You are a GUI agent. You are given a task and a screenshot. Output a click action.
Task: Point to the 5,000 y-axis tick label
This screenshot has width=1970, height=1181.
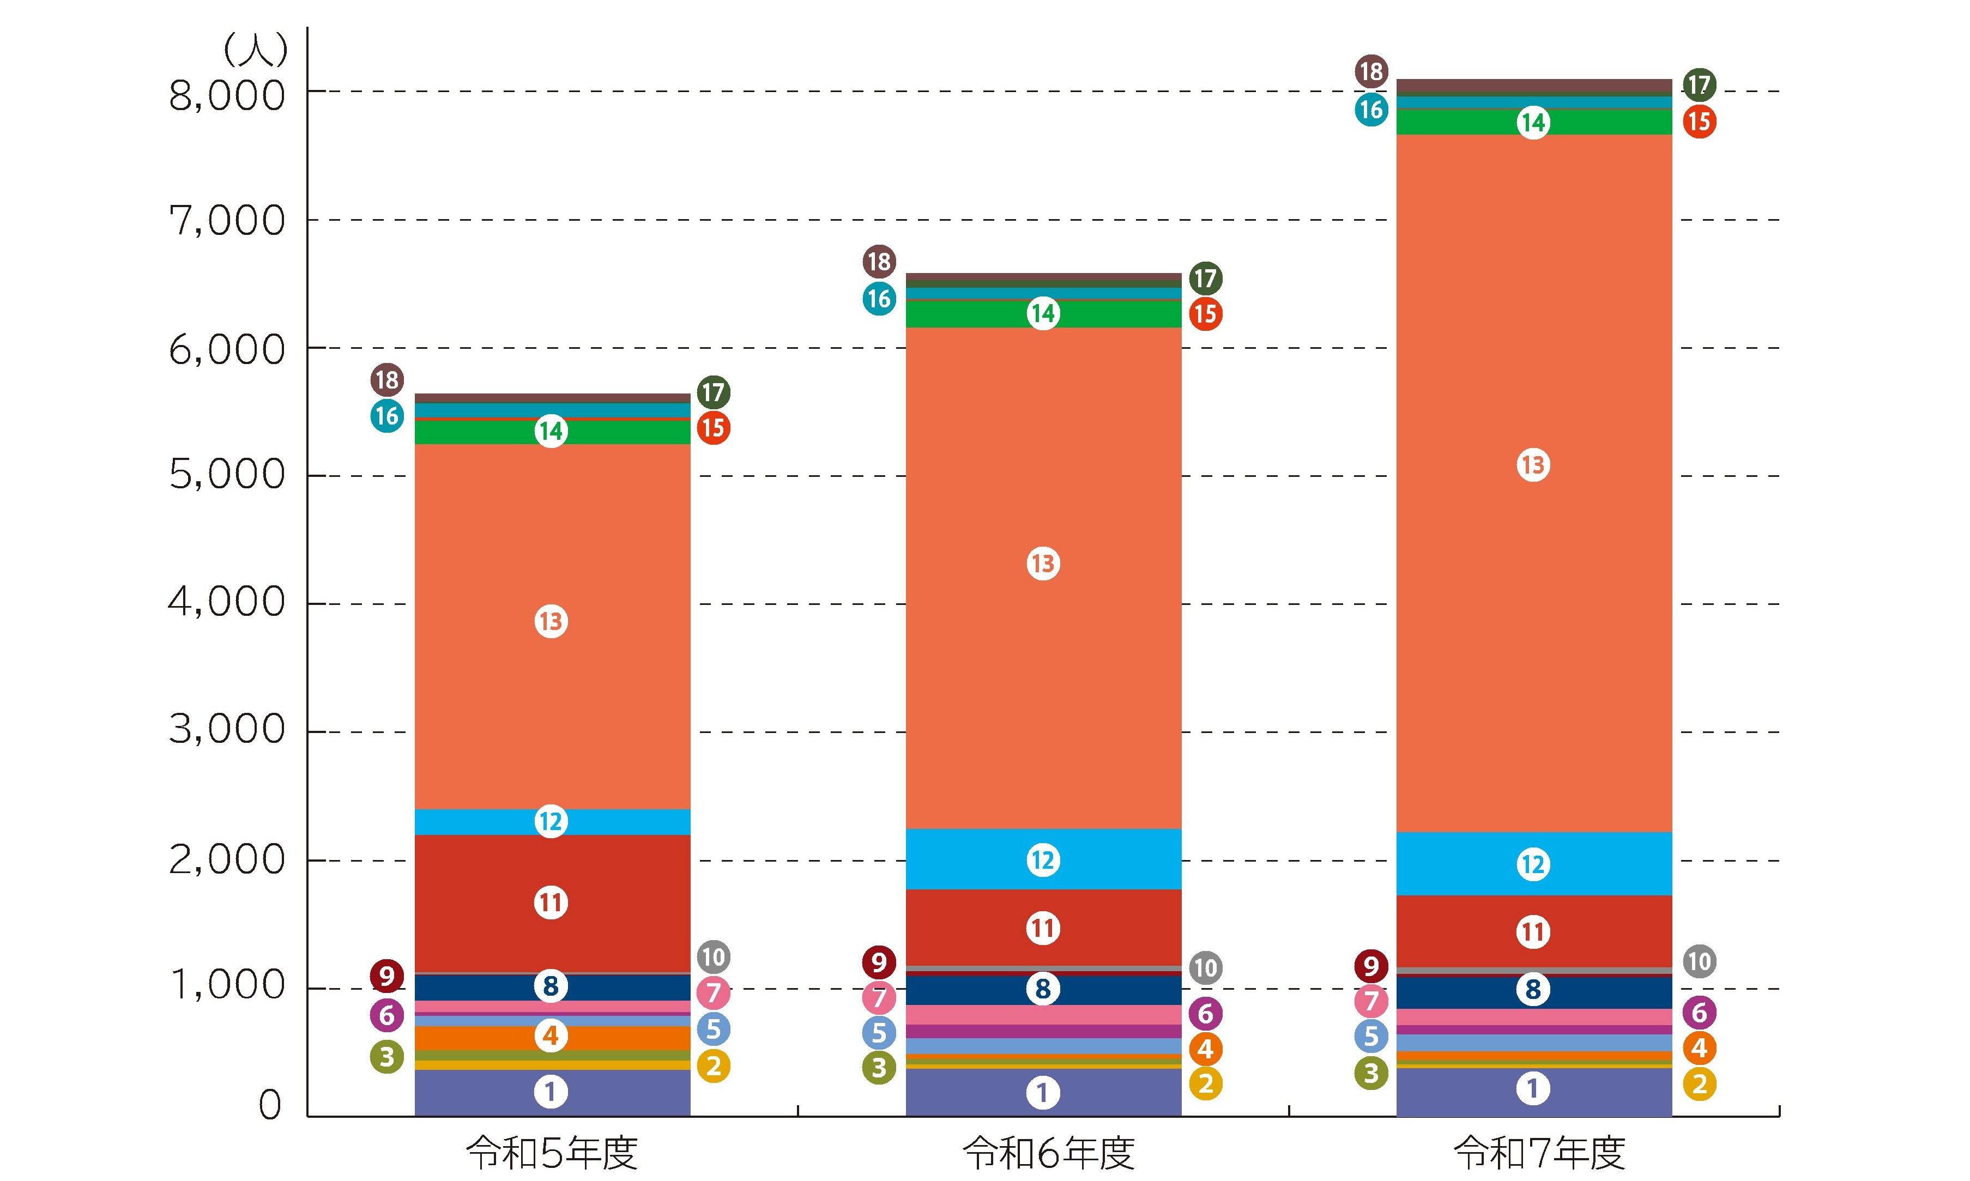coord(227,475)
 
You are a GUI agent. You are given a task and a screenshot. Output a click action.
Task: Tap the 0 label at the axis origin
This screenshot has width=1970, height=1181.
coord(270,1105)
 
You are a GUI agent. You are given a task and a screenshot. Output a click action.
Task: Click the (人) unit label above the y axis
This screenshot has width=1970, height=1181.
coord(255,50)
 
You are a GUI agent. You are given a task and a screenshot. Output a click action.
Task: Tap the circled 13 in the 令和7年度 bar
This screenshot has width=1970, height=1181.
coord(1533,465)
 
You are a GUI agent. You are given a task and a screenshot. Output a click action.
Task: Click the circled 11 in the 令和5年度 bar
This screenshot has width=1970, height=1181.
coord(551,903)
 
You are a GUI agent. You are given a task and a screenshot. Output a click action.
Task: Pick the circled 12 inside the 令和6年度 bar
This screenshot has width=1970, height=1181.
coord(1043,861)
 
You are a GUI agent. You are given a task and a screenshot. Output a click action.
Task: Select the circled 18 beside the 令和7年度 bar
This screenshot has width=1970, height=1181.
coord(1371,71)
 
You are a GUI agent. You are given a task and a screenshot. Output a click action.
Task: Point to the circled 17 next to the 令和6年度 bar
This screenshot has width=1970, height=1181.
coord(1206,278)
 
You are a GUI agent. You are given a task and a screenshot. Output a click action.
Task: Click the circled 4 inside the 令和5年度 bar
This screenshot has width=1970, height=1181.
coord(551,1036)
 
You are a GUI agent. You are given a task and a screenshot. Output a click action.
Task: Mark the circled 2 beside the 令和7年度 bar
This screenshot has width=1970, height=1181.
coord(1700,1084)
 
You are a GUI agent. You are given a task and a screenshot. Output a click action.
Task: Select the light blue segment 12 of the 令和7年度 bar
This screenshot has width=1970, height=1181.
coord(1534,864)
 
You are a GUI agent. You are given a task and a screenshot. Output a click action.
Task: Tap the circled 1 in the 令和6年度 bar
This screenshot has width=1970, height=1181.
coord(1043,1093)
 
